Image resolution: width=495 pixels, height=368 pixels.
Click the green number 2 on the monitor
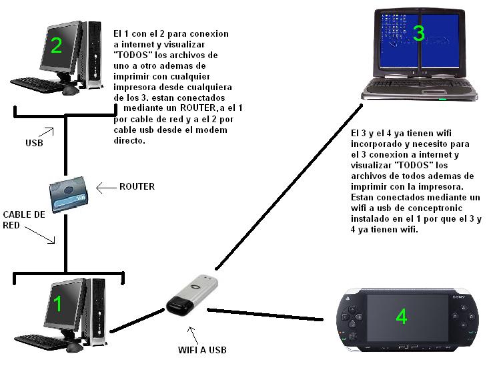coord(56,45)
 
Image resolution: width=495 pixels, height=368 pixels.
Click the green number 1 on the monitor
coord(57,303)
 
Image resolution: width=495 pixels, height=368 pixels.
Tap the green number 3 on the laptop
coord(418,33)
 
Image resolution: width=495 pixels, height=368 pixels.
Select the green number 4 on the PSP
coord(401,316)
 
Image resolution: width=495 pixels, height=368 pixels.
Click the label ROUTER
coord(136,186)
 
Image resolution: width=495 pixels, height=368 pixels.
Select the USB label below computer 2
coord(35,143)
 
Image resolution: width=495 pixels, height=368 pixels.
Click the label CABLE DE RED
coord(24,220)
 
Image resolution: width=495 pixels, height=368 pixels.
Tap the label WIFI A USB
coord(203,349)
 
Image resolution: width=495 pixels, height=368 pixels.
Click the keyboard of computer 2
coord(39,83)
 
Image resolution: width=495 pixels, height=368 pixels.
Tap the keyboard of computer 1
coord(39,341)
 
